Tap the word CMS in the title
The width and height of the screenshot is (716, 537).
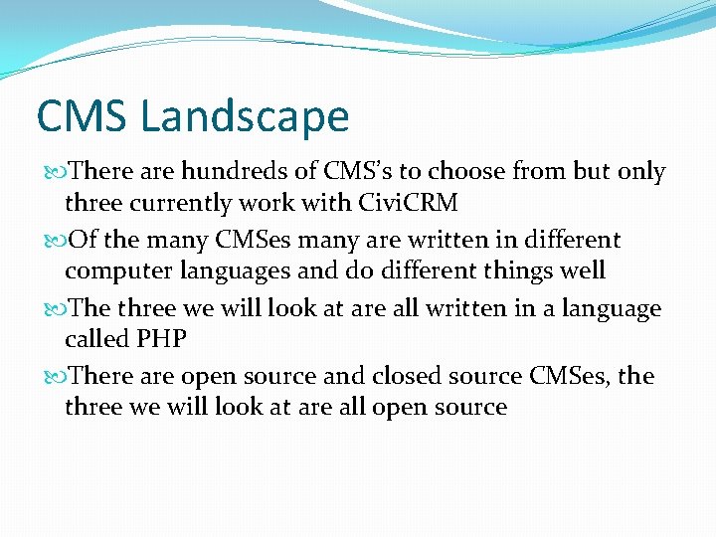(x=83, y=116)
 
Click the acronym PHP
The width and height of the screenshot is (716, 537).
(x=163, y=339)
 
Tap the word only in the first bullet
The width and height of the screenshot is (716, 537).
(x=641, y=173)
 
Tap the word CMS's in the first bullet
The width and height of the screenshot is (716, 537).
(x=370, y=172)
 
